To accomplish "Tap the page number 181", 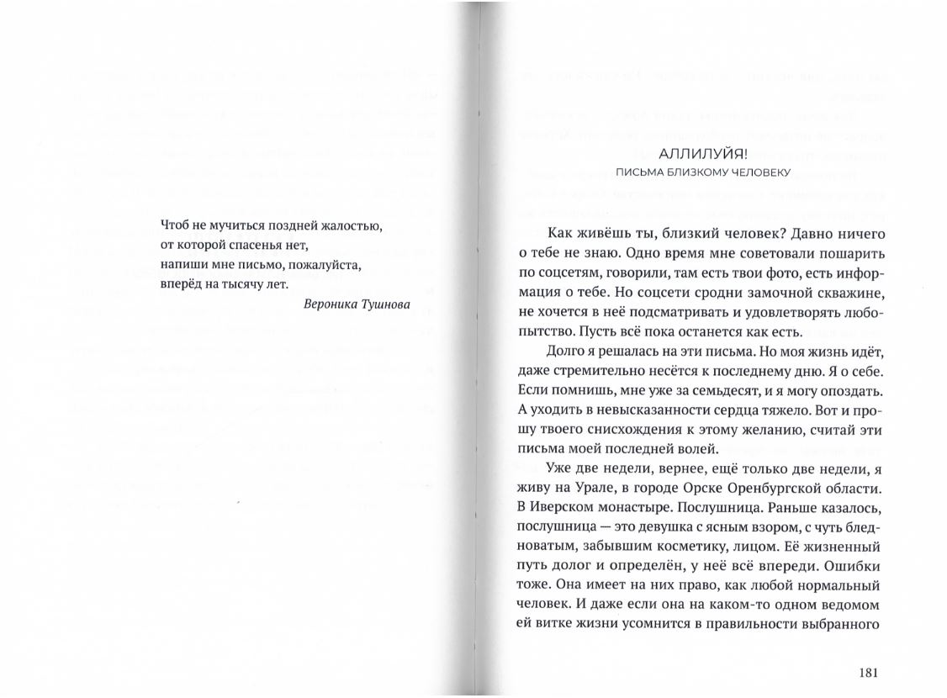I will [x=869, y=672].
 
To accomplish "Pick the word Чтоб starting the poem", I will [x=173, y=226].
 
